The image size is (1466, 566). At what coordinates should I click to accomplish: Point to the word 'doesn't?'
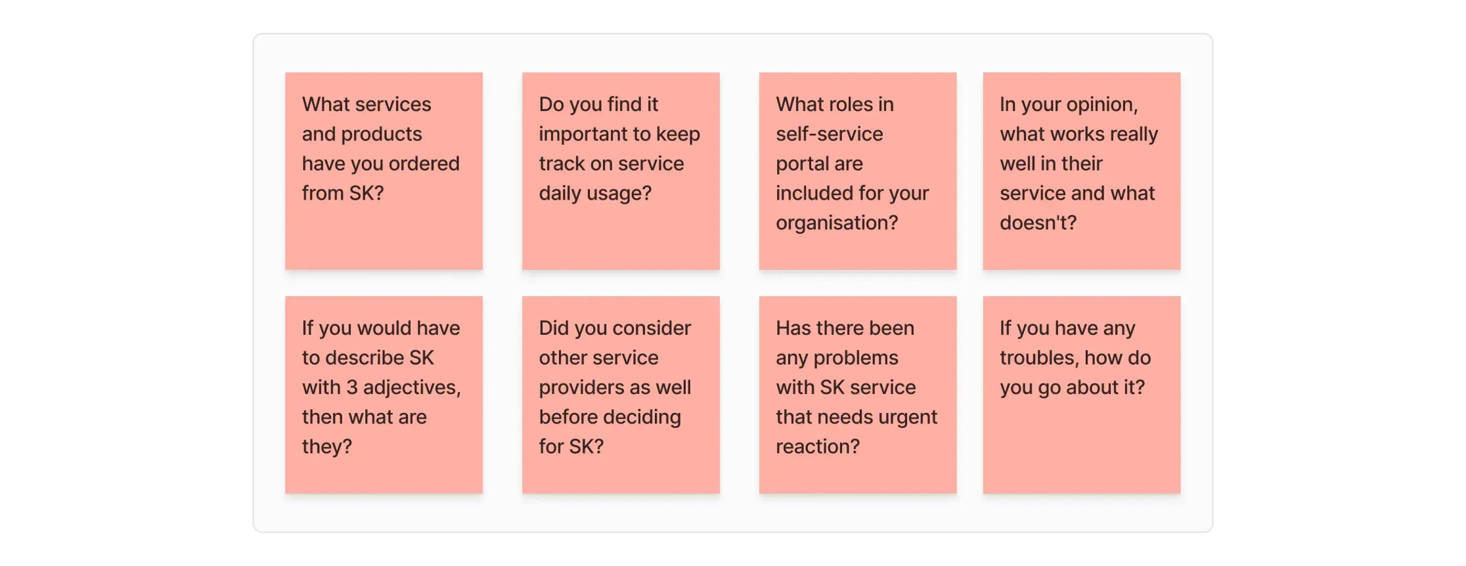coord(1038,223)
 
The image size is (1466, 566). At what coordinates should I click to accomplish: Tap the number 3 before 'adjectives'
coord(352,387)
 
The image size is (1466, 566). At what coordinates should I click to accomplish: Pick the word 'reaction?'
coord(818,446)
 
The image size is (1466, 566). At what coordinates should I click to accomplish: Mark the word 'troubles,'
coord(1040,359)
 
